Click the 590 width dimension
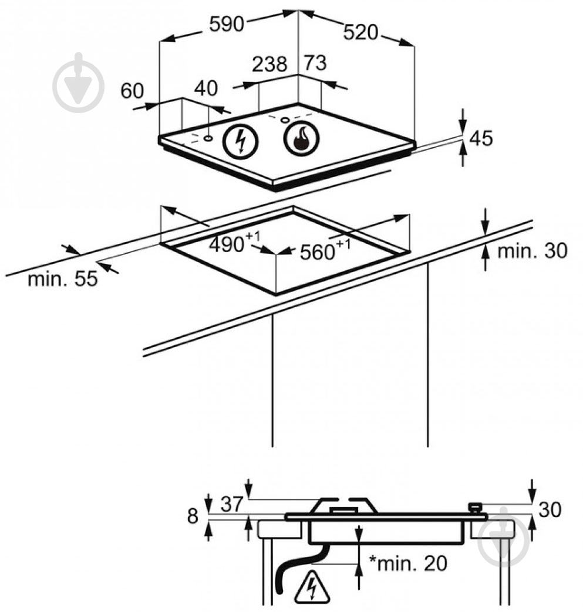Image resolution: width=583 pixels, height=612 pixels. [227, 25]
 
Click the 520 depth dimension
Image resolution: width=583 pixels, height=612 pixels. [360, 32]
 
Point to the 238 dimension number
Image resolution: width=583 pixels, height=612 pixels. [269, 64]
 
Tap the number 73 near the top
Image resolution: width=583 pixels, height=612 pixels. [315, 63]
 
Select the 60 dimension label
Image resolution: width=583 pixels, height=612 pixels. [132, 91]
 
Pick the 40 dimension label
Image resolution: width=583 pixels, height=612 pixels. [205, 88]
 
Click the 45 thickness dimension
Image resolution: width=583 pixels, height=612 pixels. [481, 138]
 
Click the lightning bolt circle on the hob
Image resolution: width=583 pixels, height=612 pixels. [241, 141]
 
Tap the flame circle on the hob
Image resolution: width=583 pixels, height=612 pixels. [301, 138]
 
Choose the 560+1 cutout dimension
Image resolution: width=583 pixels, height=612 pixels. [325, 250]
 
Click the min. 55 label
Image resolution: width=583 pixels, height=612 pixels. [63, 279]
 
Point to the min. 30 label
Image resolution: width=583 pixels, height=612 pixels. [532, 250]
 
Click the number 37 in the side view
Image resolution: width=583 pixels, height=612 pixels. [232, 504]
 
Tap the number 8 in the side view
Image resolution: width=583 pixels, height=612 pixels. [193, 516]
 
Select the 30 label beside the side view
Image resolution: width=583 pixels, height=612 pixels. [550, 510]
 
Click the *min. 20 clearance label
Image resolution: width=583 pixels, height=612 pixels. [408, 563]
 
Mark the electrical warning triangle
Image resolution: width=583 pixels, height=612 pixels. [312, 587]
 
